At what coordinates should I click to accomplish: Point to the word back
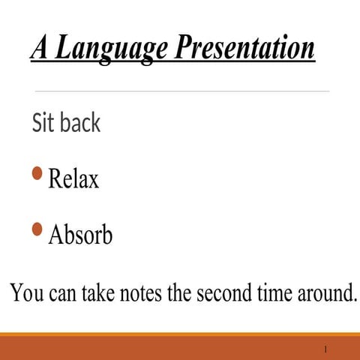pyautogui.click(x=79, y=122)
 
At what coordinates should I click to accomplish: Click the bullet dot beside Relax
pyautogui.click(x=37, y=175)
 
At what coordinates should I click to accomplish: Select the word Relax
pyautogui.click(x=73, y=179)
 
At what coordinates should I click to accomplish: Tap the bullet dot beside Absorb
pyautogui.click(x=37, y=229)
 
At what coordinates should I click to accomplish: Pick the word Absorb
pyautogui.click(x=80, y=235)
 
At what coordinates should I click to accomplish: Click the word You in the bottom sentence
pyautogui.click(x=27, y=292)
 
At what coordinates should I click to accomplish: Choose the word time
pyautogui.click(x=270, y=292)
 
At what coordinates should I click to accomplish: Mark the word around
pyautogui.click(x=323, y=292)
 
